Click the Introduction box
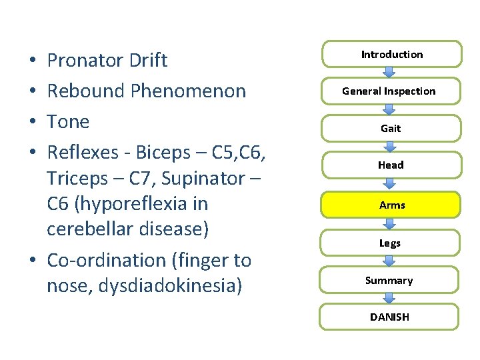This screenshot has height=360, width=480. click(392, 55)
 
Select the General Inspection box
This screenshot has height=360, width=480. click(389, 91)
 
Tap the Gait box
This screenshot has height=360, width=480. click(390, 128)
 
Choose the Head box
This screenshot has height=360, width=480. click(390, 165)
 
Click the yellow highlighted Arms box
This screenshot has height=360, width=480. click(391, 205)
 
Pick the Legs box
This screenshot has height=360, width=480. click(390, 243)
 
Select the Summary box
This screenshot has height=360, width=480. click(389, 281)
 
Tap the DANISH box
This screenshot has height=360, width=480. click(389, 317)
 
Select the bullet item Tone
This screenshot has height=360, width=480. click(67, 121)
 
